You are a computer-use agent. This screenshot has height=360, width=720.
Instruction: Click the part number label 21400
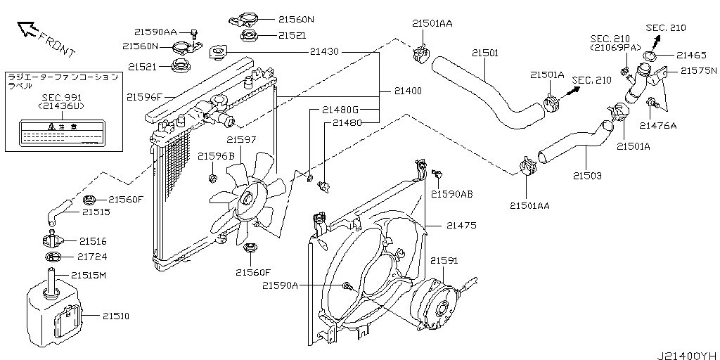coord(408,91)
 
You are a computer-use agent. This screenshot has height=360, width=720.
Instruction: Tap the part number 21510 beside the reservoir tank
coord(116,316)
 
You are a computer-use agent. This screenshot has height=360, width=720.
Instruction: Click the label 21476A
coord(657,126)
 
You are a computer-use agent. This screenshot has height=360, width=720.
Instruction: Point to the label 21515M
coord(89,275)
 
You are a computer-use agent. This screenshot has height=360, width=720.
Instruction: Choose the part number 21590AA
coord(155,32)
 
